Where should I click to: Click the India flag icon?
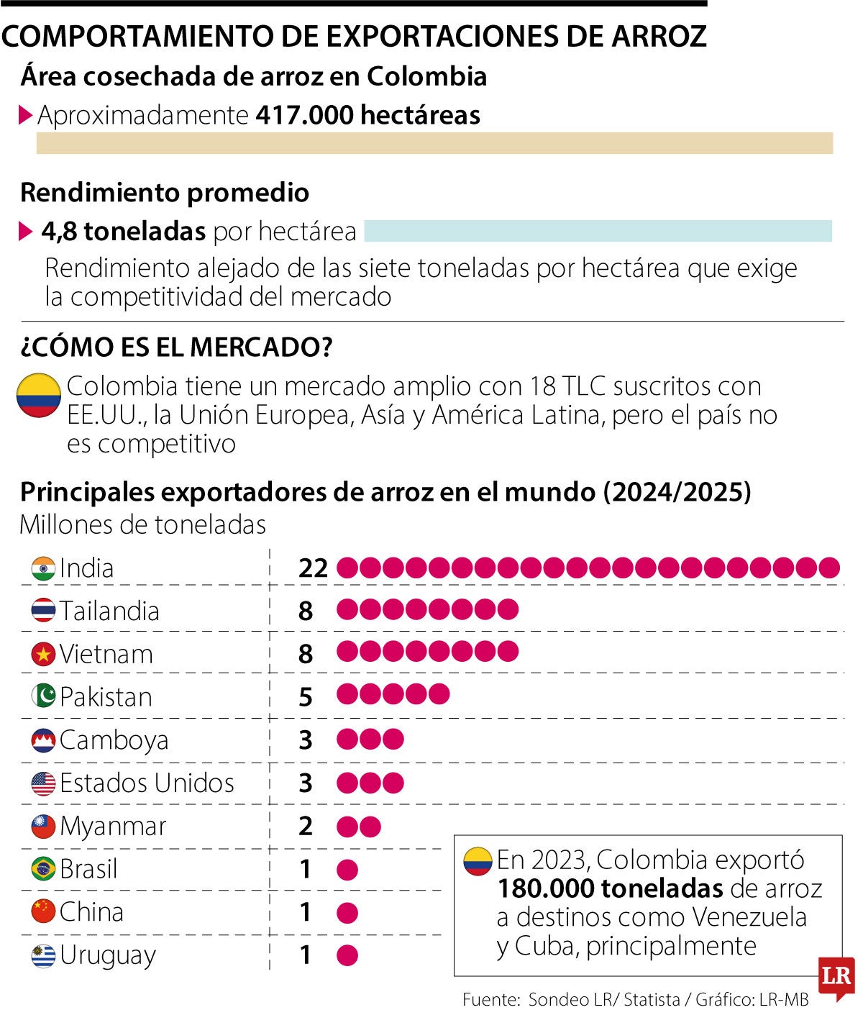click(x=43, y=568)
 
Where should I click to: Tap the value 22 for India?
click(x=313, y=568)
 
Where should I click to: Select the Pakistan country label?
click(x=106, y=697)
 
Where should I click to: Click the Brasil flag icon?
click(x=43, y=869)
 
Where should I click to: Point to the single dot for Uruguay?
click(x=347, y=955)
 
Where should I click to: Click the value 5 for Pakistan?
click(x=306, y=697)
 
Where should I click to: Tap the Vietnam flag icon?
click(x=43, y=655)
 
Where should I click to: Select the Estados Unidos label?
click(x=147, y=783)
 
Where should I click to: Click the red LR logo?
click(x=836, y=977)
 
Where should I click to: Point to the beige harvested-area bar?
click(x=434, y=143)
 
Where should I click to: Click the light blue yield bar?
click(x=598, y=231)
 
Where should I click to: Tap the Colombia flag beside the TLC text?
click(x=39, y=395)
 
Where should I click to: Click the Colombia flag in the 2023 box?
click(x=478, y=860)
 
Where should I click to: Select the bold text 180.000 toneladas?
click(x=609, y=888)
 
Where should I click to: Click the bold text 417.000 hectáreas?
click(x=367, y=115)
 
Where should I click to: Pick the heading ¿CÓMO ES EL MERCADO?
click(x=176, y=347)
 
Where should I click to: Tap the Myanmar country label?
click(x=113, y=826)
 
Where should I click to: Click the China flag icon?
click(x=43, y=912)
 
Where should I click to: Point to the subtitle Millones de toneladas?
click(x=142, y=524)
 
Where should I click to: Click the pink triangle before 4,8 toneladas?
click(x=26, y=231)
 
